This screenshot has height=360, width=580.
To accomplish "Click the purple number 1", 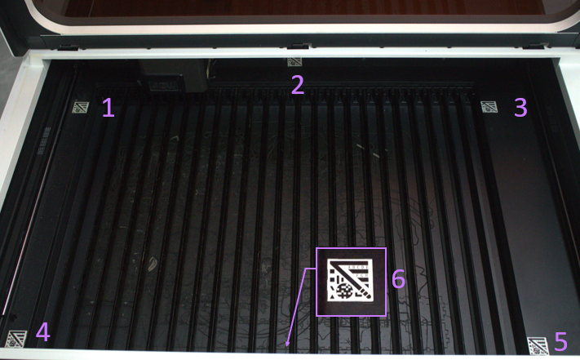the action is click(x=108, y=107).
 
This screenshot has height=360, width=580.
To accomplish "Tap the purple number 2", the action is click(x=298, y=84).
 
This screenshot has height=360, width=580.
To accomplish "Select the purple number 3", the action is click(x=520, y=107).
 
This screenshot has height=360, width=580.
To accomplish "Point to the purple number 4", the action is click(x=43, y=331).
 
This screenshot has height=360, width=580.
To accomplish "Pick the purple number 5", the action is click(x=560, y=341).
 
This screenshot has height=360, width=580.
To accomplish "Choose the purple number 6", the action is click(x=398, y=278).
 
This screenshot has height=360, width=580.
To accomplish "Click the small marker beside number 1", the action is click(x=80, y=107).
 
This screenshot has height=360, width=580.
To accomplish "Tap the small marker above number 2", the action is click(x=294, y=62).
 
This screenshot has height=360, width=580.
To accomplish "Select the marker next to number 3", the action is click(x=489, y=107).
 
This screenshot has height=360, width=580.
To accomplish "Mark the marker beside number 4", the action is click(x=16, y=339).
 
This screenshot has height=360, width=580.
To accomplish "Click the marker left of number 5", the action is click(x=538, y=345).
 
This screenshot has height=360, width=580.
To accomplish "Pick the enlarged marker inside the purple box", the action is click(x=350, y=280).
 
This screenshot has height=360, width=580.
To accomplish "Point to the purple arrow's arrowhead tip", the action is click(x=286, y=347).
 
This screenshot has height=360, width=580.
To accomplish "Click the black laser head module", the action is click(x=173, y=76).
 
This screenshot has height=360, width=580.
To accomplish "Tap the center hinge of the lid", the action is click(x=299, y=46).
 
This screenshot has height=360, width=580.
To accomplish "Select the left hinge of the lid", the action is click(x=68, y=47).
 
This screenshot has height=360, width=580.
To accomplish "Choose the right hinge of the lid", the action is click(x=538, y=46).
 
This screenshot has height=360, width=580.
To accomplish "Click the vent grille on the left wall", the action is click(x=44, y=140).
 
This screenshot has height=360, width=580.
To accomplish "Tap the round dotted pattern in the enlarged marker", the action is click(x=346, y=291).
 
